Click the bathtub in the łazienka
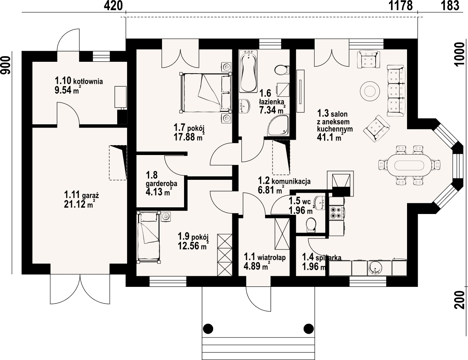click(x=248, y=72)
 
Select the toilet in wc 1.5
click(x=311, y=224)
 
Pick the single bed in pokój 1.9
click(x=149, y=237)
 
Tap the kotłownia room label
click(x=79, y=81)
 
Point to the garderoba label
click(x=162, y=183)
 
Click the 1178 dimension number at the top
click(x=401, y=6)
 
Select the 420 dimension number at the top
click(x=113, y=6)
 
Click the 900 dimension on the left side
click(x=5, y=65)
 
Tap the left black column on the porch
click(x=208, y=329)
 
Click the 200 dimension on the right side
click(x=461, y=299)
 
